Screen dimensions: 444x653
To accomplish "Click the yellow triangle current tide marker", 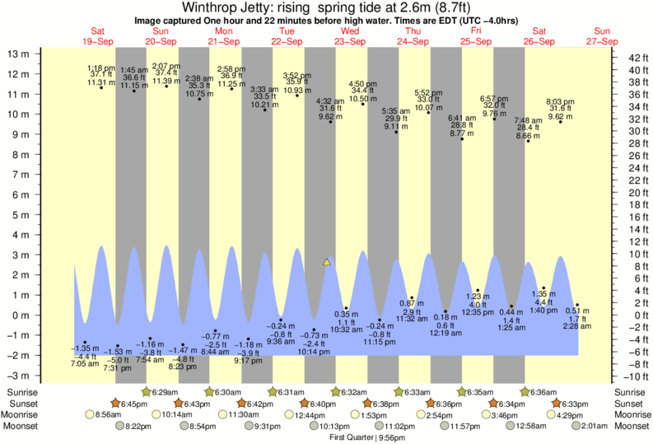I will tap(327, 262).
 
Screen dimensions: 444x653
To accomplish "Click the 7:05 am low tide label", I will tap(86, 362).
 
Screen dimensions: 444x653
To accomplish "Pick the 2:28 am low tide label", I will tap(577, 327).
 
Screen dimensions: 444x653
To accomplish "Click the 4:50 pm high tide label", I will tap(363, 84).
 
